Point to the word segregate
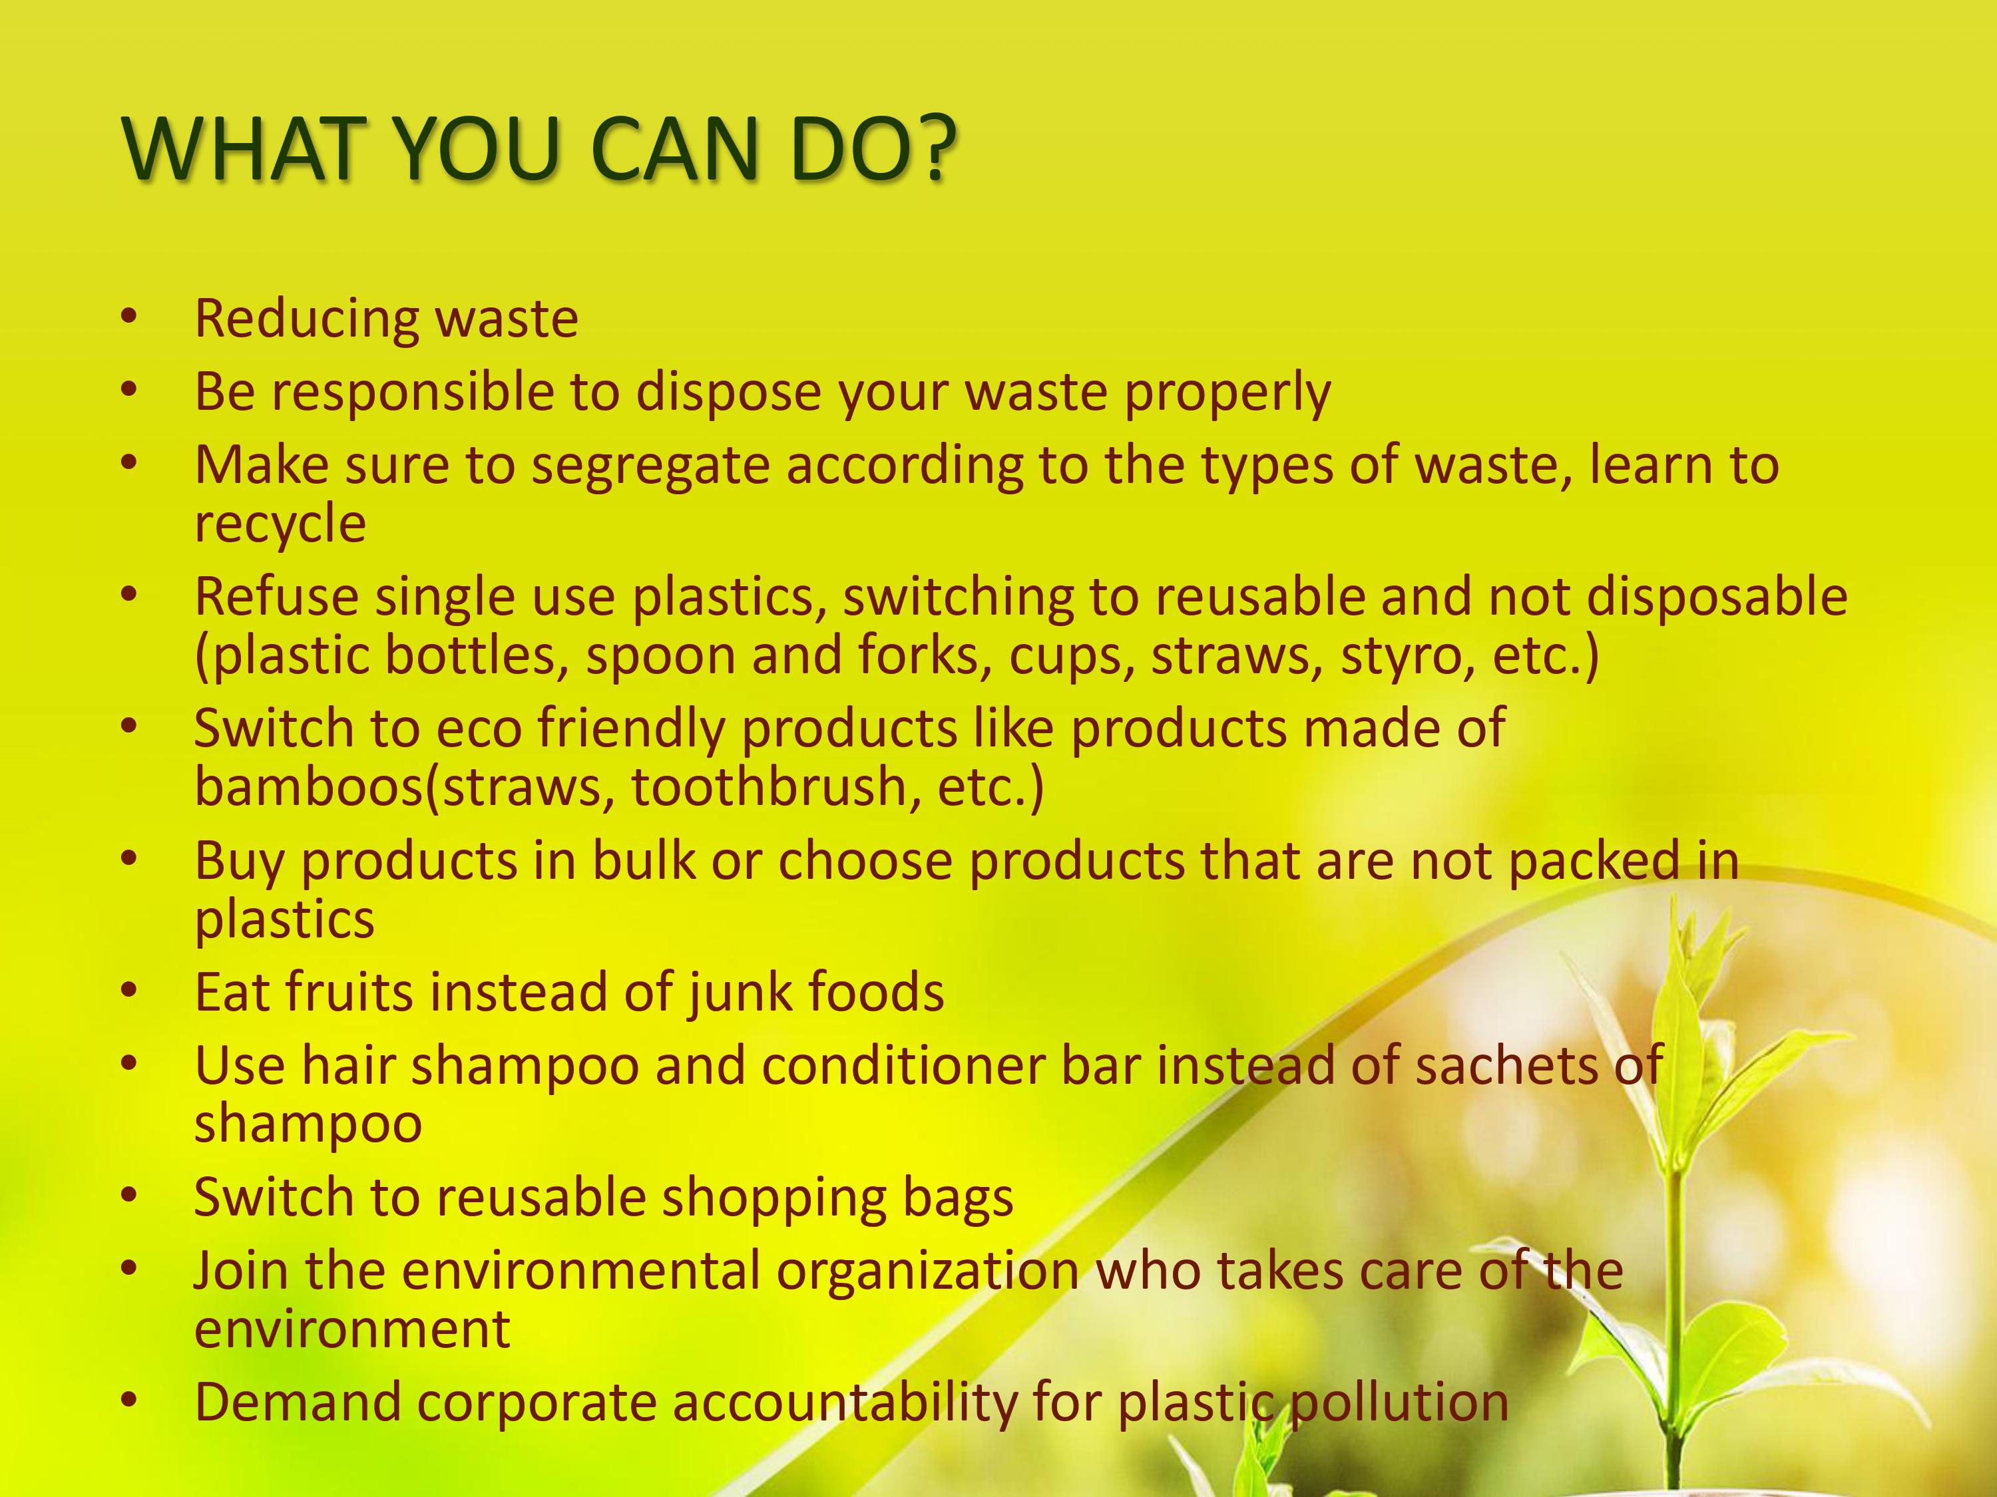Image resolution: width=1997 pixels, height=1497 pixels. pos(650,466)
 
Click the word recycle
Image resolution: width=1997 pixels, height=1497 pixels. pos(280,524)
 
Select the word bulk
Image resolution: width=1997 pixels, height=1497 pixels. pos(644,861)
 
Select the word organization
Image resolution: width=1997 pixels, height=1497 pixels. pos(927,1271)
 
